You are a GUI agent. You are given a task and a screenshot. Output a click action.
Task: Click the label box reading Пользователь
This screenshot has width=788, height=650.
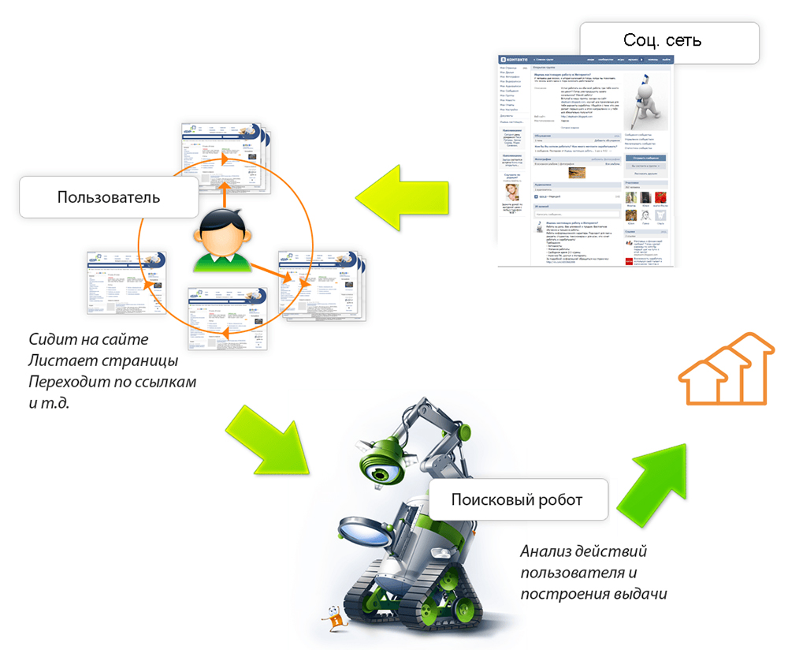pyautogui.click(x=109, y=196)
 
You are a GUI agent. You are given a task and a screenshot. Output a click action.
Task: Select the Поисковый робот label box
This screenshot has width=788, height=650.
pyautogui.click(x=517, y=499)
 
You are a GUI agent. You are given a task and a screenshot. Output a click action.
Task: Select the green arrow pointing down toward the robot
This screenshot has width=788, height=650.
pyautogui.click(x=268, y=442)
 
